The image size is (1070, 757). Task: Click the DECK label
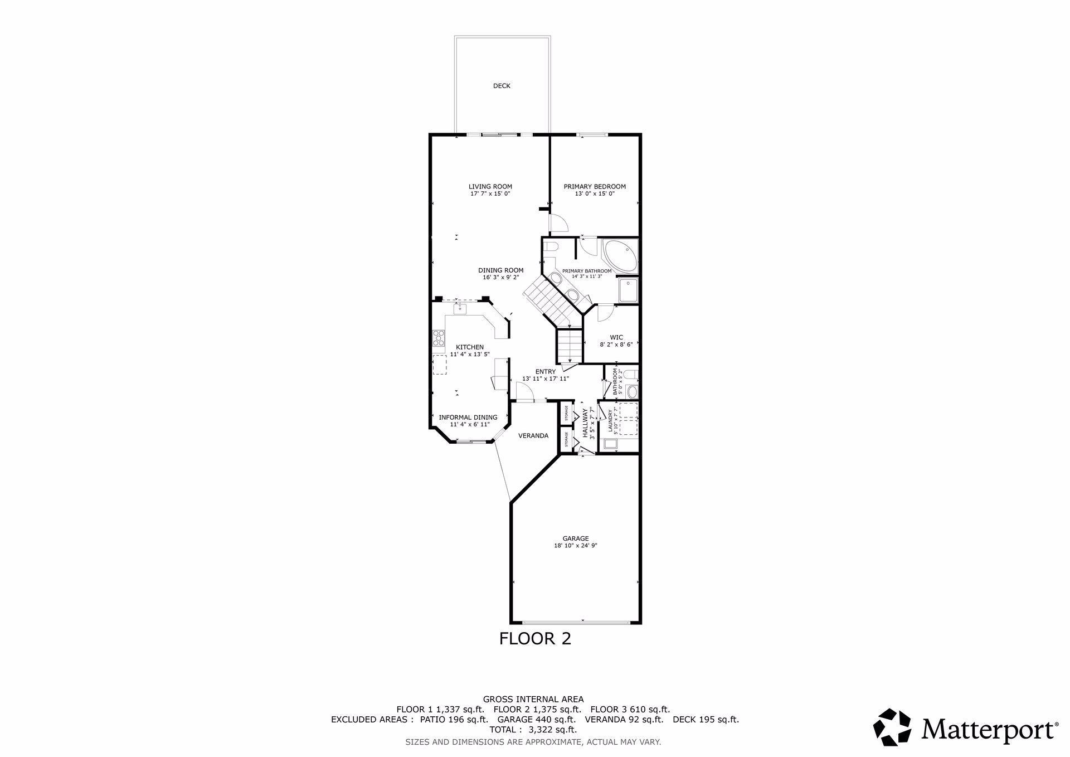click(502, 86)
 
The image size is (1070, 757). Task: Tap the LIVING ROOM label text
click(490, 187)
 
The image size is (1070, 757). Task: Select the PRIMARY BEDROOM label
click(594, 187)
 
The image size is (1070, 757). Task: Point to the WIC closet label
click(616, 337)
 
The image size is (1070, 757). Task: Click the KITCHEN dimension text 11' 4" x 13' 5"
click(470, 354)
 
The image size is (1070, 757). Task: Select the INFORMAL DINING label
click(468, 417)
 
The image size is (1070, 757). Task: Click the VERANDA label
click(533, 435)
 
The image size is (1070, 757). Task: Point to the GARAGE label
click(575, 538)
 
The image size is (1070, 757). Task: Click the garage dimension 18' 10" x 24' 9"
click(575, 546)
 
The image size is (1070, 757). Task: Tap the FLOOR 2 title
click(535, 638)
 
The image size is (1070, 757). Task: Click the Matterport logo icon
click(892, 727)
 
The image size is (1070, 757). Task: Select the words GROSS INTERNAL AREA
click(533, 699)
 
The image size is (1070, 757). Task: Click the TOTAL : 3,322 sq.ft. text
click(533, 729)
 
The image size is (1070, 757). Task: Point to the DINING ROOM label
click(500, 270)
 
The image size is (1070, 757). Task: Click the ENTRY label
click(545, 371)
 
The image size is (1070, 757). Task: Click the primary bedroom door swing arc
click(560, 224)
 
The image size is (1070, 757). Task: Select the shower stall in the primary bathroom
click(628, 290)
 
